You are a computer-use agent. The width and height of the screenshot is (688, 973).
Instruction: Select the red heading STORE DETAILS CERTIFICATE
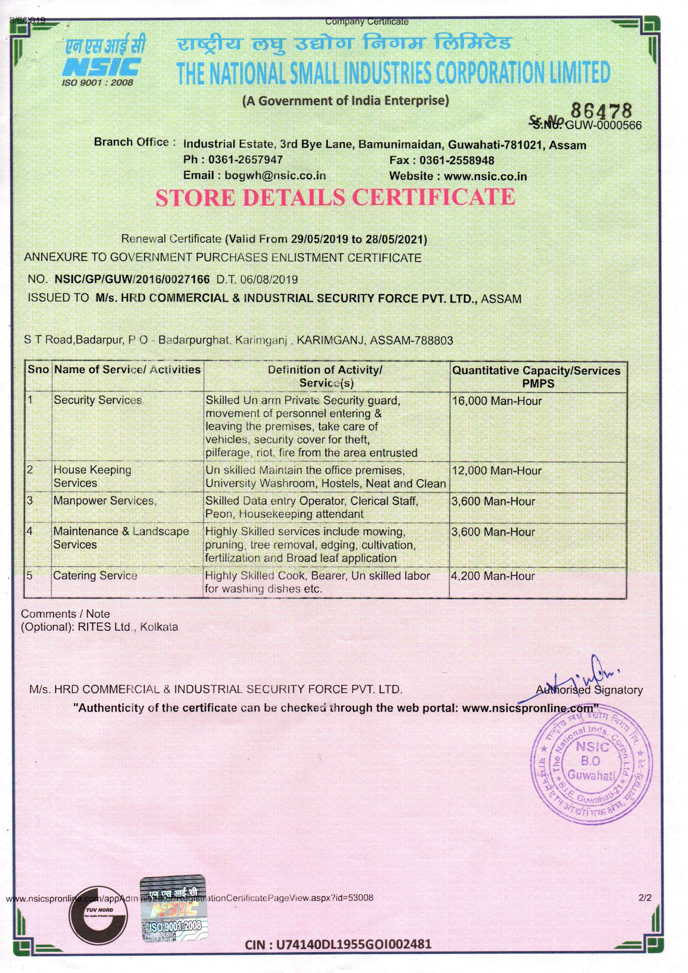pyautogui.click(x=335, y=197)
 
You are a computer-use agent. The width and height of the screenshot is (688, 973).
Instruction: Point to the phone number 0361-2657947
pyautogui.click(x=245, y=160)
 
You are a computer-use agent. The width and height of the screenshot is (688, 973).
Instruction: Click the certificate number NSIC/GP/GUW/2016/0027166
pyautogui.click(x=132, y=280)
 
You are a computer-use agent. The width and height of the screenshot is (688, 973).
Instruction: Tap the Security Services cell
pyautogui.click(x=97, y=400)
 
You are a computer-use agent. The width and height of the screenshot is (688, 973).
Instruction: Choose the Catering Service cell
pyautogui.click(x=95, y=575)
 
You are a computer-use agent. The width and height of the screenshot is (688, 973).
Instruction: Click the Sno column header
pyautogui.click(x=38, y=369)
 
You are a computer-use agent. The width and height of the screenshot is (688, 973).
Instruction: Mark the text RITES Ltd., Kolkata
pyautogui.click(x=128, y=627)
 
